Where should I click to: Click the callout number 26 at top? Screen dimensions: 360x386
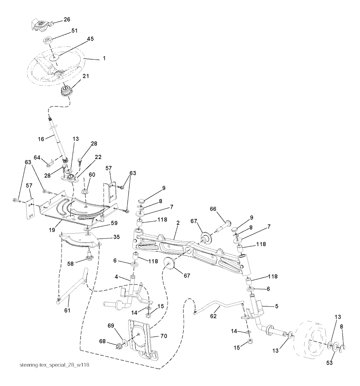pos(67,19)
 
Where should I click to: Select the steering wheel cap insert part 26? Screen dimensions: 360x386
pos(42,25)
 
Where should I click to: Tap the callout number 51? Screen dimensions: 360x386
pos(74,31)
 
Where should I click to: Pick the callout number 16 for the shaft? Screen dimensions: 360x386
pos(41,139)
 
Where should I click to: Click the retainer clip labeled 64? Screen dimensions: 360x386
pos(50,163)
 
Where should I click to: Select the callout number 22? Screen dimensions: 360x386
pos(98,157)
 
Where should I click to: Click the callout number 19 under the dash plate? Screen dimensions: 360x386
pos(52,230)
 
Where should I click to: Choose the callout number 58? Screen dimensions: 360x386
pos(70,264)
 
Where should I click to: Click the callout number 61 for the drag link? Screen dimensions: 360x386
pos(67,311)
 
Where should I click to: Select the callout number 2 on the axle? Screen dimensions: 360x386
pos(178,223)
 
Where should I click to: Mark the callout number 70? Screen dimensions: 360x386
pos(164,336)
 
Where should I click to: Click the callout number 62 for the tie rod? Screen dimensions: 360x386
pos(213,316)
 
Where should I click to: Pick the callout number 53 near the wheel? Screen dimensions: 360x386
pos(329,363)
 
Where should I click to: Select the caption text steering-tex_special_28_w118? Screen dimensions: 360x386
pos(54,365)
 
